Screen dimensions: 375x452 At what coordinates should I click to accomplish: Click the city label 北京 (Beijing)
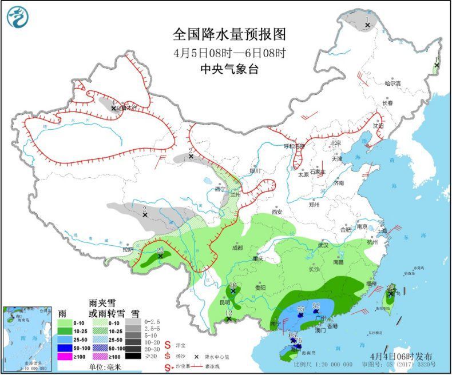coord(335,142)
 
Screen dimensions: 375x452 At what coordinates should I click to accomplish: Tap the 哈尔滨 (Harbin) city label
coord(392,83)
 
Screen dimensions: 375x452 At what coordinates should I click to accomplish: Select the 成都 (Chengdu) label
coord(237,248)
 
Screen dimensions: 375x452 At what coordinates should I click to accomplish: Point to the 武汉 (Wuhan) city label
coord(324,245)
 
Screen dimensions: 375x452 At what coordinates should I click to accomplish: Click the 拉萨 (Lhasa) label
coord(128,250)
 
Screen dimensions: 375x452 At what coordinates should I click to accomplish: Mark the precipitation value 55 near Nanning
coord(301,309)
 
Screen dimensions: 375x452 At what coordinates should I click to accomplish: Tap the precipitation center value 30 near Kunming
coord(233,285)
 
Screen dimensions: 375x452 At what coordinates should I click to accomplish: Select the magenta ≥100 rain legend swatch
coord(63,357)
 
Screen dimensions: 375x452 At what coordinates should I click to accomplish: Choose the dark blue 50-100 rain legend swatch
coord(63,347)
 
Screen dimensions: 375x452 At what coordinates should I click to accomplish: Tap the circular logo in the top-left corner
coord(18,15)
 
